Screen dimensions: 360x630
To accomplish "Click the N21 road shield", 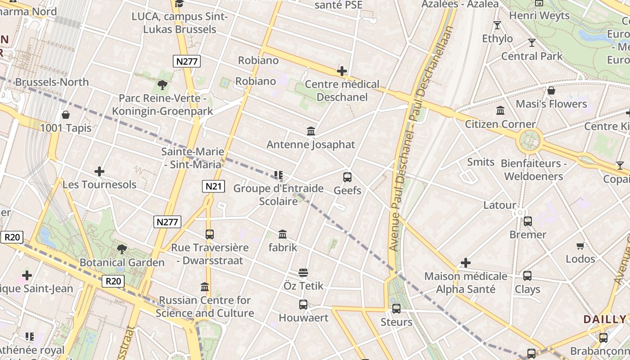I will coord(213,186).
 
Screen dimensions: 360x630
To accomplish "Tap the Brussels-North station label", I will coord(52,82).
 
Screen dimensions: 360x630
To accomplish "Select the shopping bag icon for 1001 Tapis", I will coord(66,115).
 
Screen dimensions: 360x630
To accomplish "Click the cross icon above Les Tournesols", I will coord(99,171).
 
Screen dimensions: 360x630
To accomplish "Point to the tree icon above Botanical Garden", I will coord(121,249).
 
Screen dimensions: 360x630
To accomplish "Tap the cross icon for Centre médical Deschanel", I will coord(342,71).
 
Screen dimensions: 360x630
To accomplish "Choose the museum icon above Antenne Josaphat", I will coord(310,131).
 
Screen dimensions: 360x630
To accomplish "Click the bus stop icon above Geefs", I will coord(347,177).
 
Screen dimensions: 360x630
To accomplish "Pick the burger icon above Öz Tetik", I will coord(303,273).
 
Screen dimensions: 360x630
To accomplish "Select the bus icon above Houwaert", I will coord(303,305).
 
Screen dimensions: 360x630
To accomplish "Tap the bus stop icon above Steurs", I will coord(396,309).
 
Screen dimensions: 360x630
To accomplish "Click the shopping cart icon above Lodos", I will coord(580,246).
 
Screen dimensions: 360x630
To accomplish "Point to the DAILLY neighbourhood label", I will coord(604,319).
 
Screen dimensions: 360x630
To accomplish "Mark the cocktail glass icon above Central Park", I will coord(532,43).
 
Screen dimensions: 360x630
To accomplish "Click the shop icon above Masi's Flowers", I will coord(551,91).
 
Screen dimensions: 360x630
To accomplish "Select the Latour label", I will coord(499,205).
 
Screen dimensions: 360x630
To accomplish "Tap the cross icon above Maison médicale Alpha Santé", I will coord(466,263).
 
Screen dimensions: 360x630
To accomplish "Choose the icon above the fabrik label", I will coord(283,234).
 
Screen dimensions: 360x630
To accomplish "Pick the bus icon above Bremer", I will coord(528,221).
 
